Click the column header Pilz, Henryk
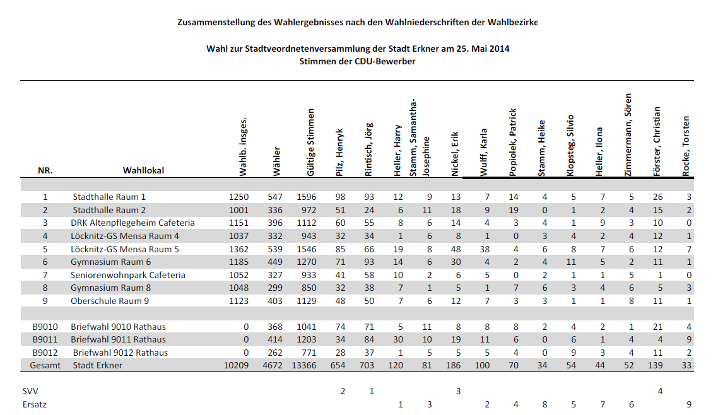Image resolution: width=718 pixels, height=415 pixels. point(339,152)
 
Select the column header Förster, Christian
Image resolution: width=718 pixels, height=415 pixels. point(657,141)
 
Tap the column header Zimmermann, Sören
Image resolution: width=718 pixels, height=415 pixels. point(628,135)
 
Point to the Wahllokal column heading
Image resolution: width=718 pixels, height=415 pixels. point(143,170)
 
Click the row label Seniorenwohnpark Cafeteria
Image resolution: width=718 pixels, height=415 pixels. point(127,275)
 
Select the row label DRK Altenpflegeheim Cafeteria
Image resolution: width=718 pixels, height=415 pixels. point(132,223)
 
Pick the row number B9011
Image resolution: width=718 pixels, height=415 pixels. point(45,339)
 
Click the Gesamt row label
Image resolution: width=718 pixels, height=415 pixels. point(45,365)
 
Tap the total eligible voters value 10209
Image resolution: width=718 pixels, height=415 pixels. point(236,365)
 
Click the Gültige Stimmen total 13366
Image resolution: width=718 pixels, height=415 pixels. point(304,365)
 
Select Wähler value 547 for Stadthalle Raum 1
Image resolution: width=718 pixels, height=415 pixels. point(275,197)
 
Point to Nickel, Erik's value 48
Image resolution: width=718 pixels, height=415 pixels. point(456,249)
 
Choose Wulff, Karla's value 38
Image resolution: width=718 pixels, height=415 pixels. point(485,249)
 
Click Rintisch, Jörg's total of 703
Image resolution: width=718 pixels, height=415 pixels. point(367,365)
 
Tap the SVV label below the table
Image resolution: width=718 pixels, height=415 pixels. point(30,391)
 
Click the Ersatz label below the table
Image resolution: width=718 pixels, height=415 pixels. point(34,404)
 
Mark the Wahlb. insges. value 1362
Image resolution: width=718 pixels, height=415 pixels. point(239,249)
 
